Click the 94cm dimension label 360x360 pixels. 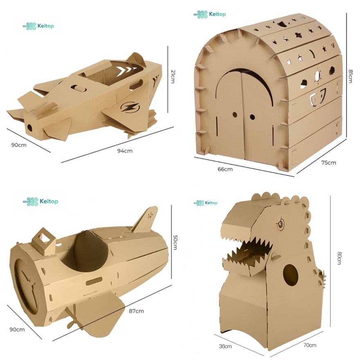(x=125, y=151)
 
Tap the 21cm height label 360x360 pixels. (x=173, y=76)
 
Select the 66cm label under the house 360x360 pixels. (x=225, y=169)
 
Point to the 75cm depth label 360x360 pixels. (x=328, y=163)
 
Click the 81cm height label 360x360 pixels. (x=351, y=76)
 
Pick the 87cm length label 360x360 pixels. (x=136, y=311)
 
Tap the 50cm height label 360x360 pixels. (x=175, y=243)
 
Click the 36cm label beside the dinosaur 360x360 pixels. (x=225, y=346)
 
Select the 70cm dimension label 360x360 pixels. (x=310, y=345)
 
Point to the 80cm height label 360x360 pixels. (x=339, y=258)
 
